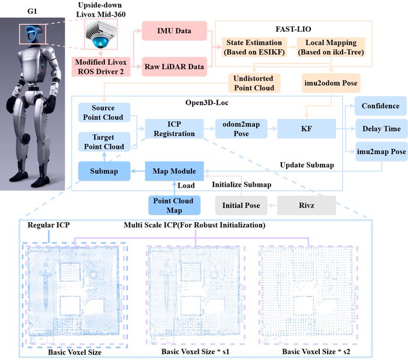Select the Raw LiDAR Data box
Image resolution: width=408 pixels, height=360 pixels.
coord(175,66)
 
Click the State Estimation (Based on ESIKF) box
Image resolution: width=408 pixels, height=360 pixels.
coord(253,47)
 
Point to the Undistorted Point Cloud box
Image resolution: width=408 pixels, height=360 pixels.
coord(254,83)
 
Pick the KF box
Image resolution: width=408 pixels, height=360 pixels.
coord(305,128)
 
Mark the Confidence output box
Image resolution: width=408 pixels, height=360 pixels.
coord(380,106)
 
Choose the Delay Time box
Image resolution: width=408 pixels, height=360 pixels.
coord(380,128)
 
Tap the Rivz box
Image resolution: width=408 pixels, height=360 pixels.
coord(305,206)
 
